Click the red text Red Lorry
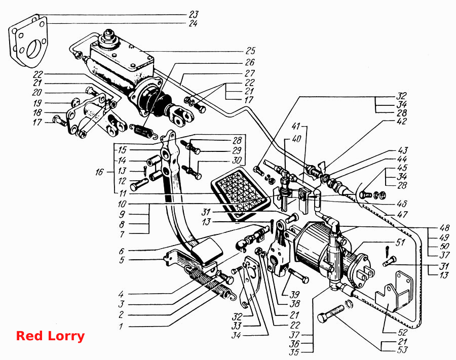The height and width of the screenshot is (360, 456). click(50, 336)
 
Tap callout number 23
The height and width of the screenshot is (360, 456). click(193, 14)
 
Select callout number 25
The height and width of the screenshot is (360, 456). click(250, 51)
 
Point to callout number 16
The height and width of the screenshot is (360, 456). click(99, 172)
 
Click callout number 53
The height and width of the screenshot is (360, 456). click(402, 350)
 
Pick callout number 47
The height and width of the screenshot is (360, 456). click(402, 215)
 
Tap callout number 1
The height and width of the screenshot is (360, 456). click(121, 326)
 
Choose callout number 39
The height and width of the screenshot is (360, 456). click(294, 294)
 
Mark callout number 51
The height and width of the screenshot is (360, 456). click(400, 242)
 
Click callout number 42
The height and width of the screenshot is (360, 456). click(402, 121)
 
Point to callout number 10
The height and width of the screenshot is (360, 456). click(122, 204)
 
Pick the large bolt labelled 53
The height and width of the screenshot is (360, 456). click(331, 313)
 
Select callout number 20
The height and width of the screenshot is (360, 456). click(37, 93)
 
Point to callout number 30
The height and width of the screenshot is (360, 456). click(237, 160)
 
